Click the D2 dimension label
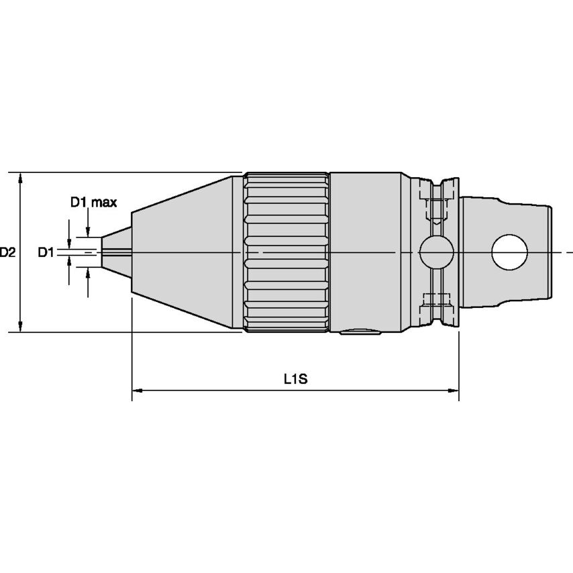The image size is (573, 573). [x=7, y=252]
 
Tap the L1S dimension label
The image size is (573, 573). [x=295, y=379]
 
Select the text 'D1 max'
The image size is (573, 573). [x=94, y=202]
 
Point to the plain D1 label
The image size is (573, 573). [x=45, y=252]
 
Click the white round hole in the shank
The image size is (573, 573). [x=509, y=252]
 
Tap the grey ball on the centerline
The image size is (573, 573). [x=436, y=252]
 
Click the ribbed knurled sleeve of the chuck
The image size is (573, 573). [x=286, y=252]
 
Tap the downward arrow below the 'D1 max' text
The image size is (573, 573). [x=87, y=229]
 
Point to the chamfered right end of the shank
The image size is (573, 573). [x=549, y=252]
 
